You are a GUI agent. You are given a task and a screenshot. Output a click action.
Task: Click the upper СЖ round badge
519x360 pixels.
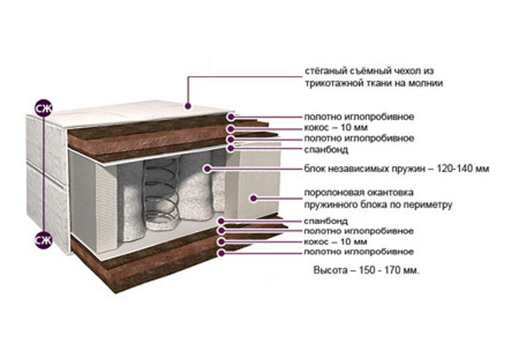tap(42, 108)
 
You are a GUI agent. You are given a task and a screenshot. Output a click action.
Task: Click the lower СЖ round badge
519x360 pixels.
tap(42, 240)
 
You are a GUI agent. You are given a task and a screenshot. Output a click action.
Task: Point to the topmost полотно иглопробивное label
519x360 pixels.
tap(358, 116)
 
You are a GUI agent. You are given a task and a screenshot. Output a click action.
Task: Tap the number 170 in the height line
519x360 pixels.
tap(394, 271)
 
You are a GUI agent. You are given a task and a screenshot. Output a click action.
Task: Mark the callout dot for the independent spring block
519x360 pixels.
tap(208, 170)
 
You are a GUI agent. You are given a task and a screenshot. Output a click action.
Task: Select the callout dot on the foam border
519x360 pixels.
tap(251, 198)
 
